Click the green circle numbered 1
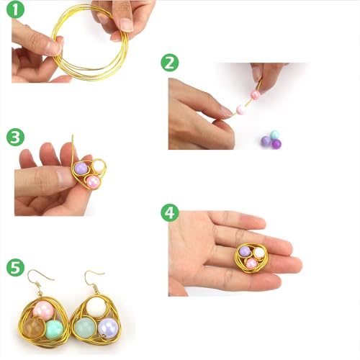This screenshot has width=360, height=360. tap(15, 10)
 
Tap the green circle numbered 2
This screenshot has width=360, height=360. tap(170, 63)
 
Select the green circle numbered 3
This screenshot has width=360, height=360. tap(15, 138)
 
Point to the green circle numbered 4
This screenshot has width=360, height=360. tap(170, 212)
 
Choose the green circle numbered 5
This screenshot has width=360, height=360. tap(15, 267)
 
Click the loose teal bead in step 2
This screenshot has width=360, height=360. tap(274, 135)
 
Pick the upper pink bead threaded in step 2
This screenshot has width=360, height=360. tap(255, 94)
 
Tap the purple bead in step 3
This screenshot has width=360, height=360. tap(81, 168)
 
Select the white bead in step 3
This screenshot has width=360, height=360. tap(99, 166)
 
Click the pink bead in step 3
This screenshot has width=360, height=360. tap(93, 181)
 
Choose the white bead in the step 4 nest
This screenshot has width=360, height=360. tap(258, 253)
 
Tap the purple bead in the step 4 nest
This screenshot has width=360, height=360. tap(245, 252)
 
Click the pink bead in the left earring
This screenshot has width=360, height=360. tap(43, 311)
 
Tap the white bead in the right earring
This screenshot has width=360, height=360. tap(97, 308)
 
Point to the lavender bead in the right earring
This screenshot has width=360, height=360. tap(108, 328)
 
